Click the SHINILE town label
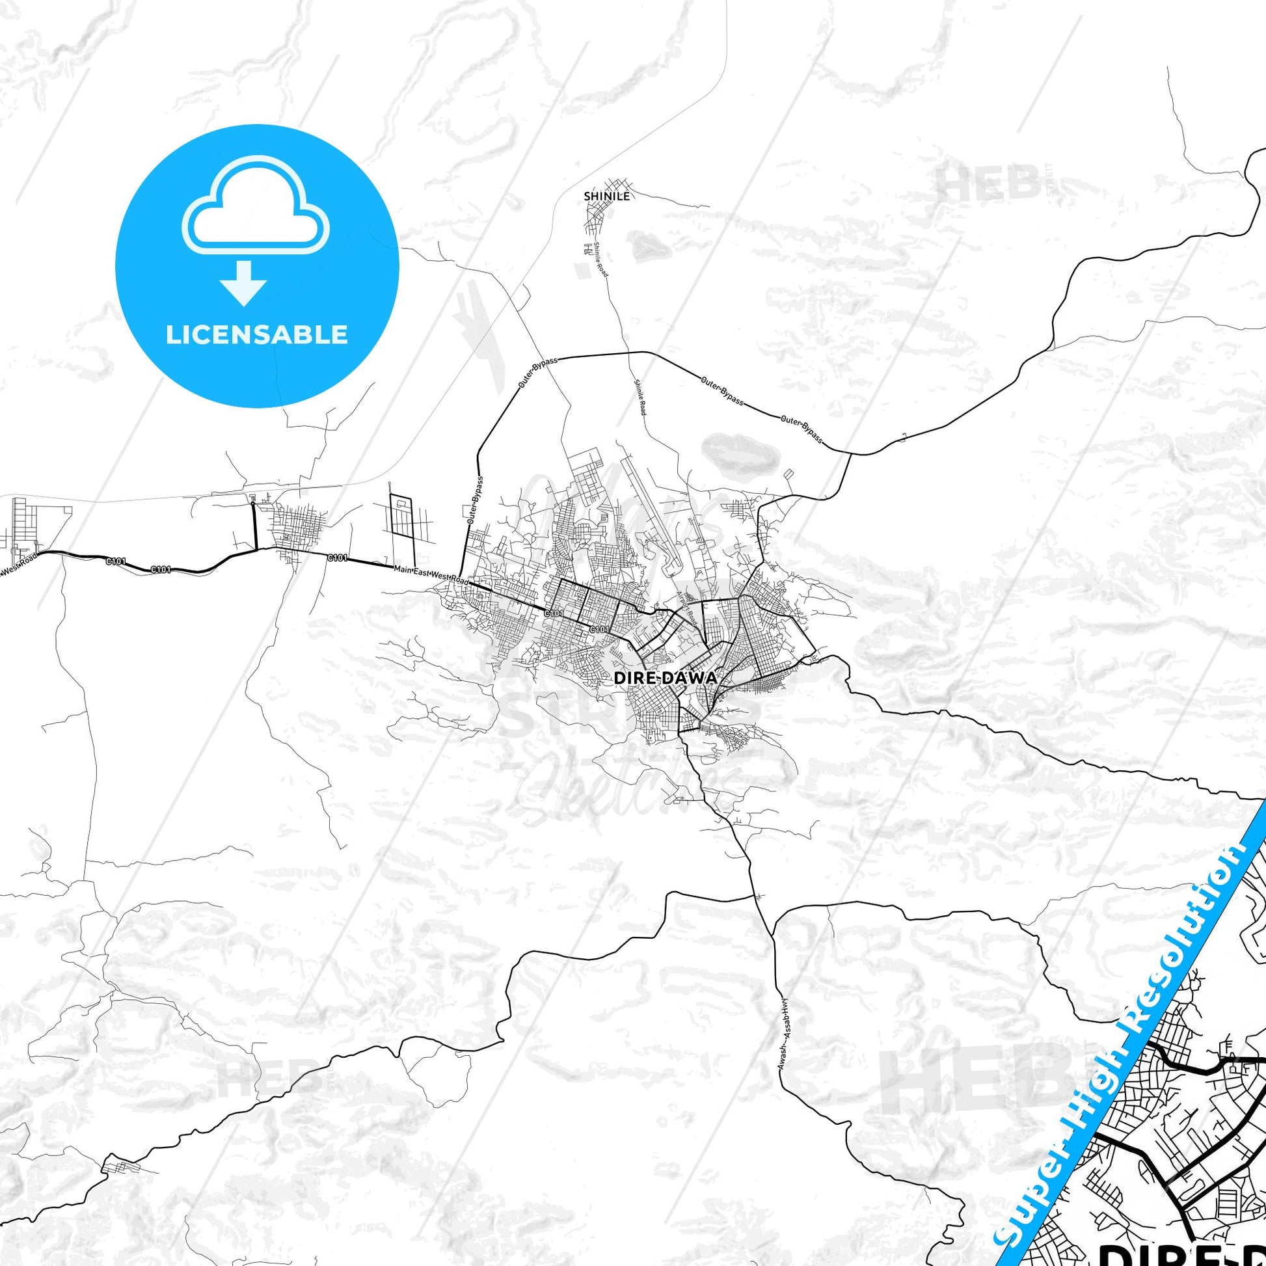(607, 196)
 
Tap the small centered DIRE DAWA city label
(665, 679)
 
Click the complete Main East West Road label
(432, 574)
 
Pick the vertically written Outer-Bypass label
(476, 502)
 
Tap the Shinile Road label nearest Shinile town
(600, 259)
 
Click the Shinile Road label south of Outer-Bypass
(640, 397)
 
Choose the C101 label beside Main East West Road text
(337, 558)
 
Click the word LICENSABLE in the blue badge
(257, 335)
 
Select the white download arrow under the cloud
(243, 283)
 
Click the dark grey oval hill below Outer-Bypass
(738, 451)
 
